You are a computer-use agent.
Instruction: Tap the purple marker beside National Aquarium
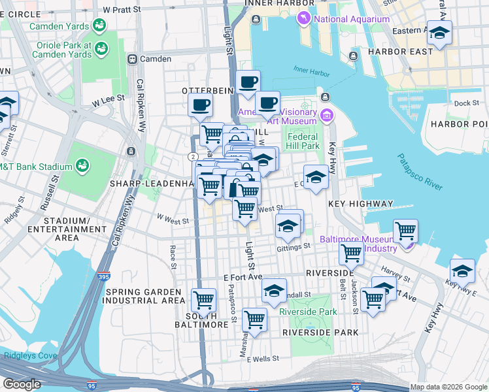pyautogui.click(x=303, y=18)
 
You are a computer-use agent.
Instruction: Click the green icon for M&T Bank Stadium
pyautogui.click(x=83, y=167)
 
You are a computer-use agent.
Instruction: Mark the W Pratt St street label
pyautogui.click(x=122, y=10)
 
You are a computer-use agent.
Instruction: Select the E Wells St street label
pyautogui.click(x=260, y=359)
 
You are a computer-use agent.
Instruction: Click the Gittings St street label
pyautogui.click(x=293, y=248)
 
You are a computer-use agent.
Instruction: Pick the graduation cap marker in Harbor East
pyautogui.click(x=439, y=33)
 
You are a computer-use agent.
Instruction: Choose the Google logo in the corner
pyautogui.click(x=22, y=384)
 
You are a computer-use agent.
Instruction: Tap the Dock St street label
pyautogui.click(x=467, y=103)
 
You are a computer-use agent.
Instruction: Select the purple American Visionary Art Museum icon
pyautogui.click(x=327, y=116)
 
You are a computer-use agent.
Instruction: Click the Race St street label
pyautogui.click(x=173, y=257)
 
